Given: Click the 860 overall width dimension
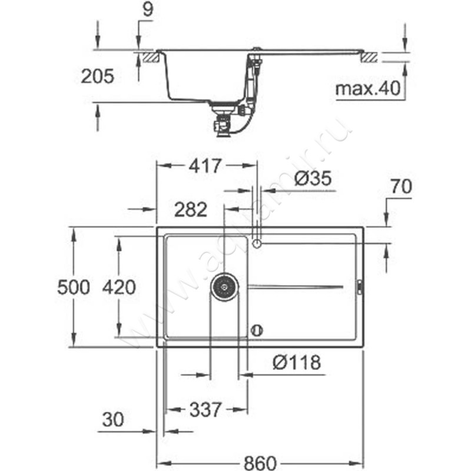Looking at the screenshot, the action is (x=260, y=463).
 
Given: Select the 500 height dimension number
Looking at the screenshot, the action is (x=74, y=287).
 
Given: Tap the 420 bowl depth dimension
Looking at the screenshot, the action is (x=119, y=287).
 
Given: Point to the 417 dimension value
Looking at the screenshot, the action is (x=205, y=165).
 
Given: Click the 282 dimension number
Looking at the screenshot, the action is (x=191, y=210).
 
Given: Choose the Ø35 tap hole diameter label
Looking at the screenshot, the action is (x=313, y=178).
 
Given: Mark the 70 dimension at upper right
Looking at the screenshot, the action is (x=402, y=187).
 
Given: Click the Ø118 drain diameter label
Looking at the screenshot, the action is (x=297, y=362).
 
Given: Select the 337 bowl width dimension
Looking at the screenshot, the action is (x=205, y=409).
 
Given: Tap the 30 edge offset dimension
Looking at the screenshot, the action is (x=113, y=419).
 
